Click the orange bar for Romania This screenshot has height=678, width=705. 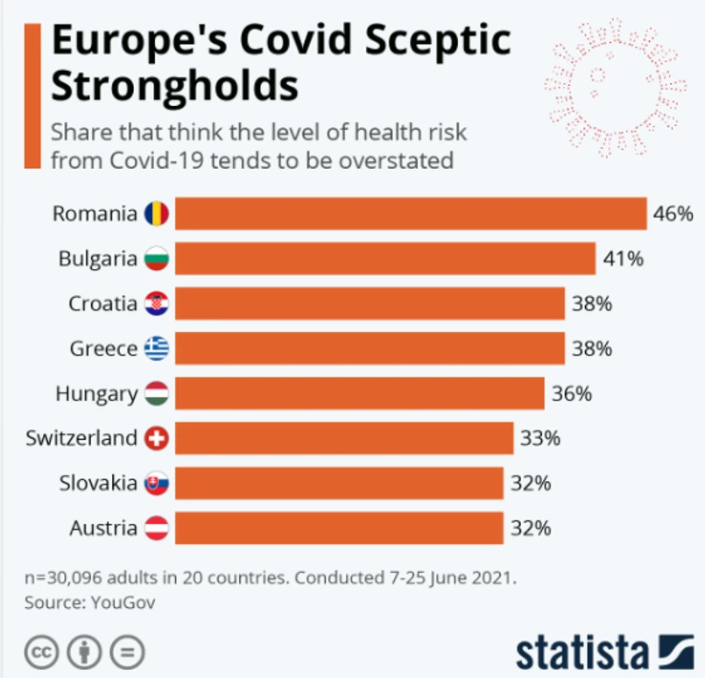click(410, 214)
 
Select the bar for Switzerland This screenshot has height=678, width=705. click(343, 438)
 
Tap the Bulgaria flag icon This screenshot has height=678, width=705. click(156, 259)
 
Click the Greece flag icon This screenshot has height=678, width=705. click(156, 349)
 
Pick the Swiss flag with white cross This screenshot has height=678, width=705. click(156, 438)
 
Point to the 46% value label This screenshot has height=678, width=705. click(673, 214)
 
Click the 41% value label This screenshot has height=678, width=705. click(623, 259)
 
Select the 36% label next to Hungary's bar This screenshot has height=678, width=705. click(571, 394)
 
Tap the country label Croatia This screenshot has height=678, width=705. click(103, 304)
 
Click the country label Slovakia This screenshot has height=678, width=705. click(98, 483)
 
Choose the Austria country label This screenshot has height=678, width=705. click(102, 528)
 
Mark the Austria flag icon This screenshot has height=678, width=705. click(156, 528)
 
